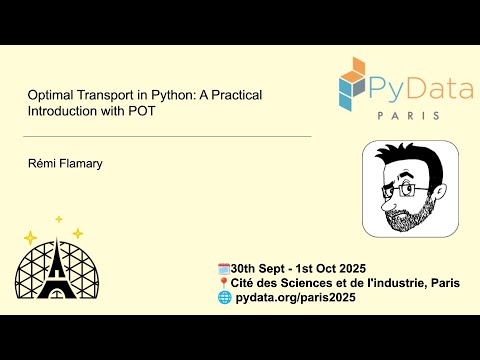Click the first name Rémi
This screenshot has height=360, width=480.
point(41,160)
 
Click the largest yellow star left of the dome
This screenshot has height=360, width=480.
point(31,238)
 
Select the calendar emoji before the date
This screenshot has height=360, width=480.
point(223,268)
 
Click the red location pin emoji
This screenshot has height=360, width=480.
point(223,283)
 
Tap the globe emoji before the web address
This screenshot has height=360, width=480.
point(223,299)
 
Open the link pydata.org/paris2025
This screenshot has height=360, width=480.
point(301,299)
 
